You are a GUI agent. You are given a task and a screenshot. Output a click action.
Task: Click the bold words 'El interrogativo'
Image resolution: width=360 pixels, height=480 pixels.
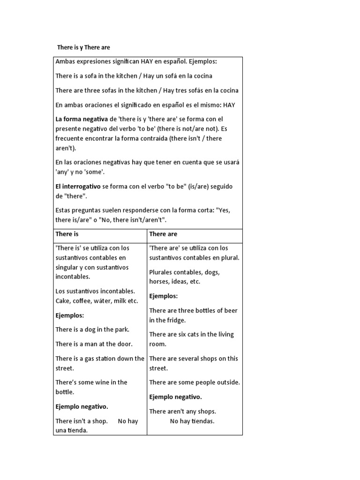click(x=78, y=186)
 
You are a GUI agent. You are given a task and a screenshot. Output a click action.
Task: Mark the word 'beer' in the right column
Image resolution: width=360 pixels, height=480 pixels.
click(x=230, y=310)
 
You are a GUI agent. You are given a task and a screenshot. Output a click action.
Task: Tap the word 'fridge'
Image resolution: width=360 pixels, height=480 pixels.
click(x=176, y=320)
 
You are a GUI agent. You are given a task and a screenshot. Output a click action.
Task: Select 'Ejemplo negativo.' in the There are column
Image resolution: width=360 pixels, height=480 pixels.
click(x=175, y=397)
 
